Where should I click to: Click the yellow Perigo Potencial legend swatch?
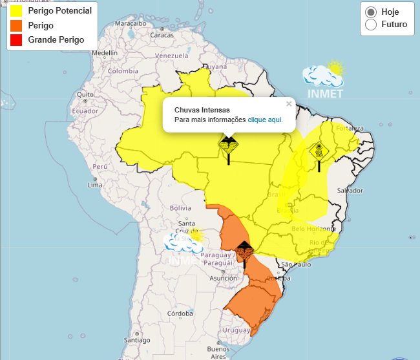(16, 11)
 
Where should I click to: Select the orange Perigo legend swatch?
(16, 26)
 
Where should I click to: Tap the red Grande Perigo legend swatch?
(16, 40)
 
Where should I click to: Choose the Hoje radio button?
(371, 12)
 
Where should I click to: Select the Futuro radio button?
(371, 25)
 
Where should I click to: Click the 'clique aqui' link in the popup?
(265, 120)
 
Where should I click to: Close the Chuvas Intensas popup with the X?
(289, 103)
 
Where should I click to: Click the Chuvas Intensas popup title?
(202, 110)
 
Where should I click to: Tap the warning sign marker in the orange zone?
(244, 250)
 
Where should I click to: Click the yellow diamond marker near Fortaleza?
(319, 152)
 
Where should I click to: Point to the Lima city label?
(95, 185)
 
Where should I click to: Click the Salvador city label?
(350, 191)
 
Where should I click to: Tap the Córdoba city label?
(180, 313)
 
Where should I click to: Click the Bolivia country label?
(180, 208)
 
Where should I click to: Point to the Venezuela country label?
(171, 56)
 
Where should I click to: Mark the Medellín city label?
(105, 53)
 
